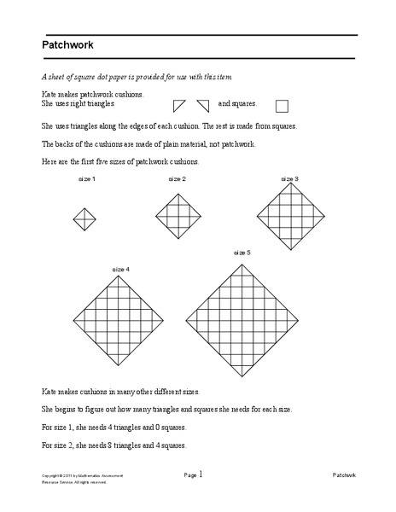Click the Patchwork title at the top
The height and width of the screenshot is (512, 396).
click(67, 45)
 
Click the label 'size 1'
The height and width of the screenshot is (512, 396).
click(86, 179)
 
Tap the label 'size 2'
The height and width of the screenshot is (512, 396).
click(177, 179)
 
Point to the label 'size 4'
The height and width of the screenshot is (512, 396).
click(120, 269)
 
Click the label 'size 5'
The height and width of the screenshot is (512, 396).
click(242, 253)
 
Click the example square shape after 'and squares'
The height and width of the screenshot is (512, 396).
click(282, 107)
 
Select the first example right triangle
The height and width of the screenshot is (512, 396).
click(179, 105)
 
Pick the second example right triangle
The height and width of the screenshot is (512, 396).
click(202, 105)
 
